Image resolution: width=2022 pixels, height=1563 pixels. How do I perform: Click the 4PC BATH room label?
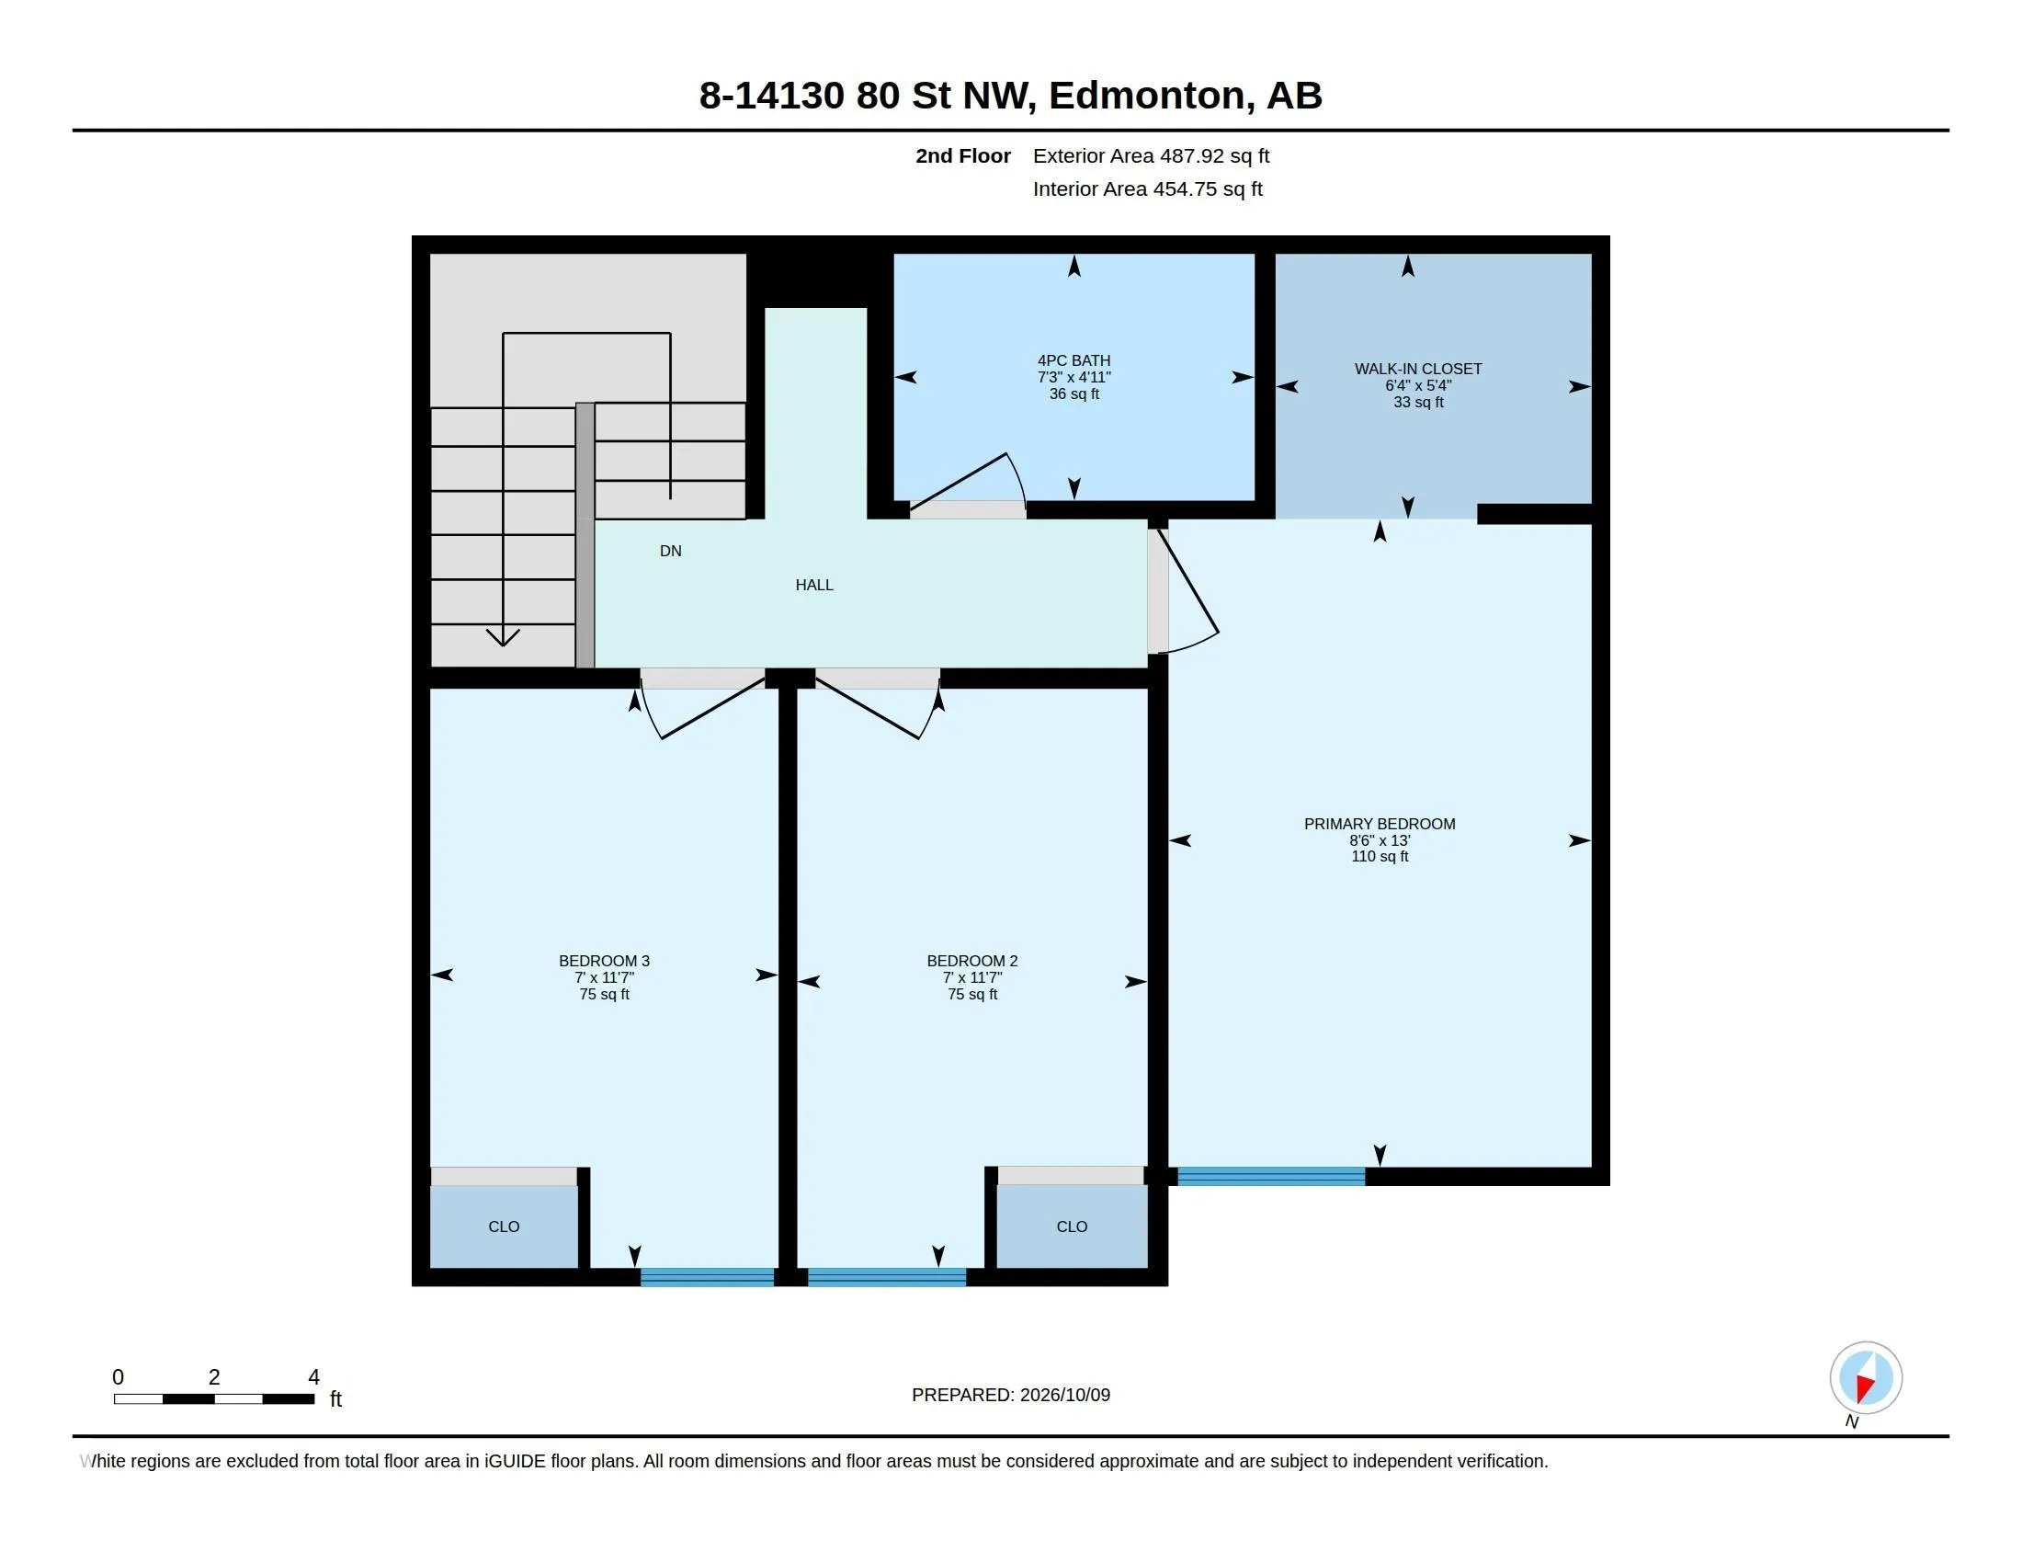coord(1073,361)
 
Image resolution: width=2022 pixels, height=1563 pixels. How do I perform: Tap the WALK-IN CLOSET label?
coord(1418,370)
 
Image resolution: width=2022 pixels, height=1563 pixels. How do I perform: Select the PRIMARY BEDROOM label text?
coord(1380,824)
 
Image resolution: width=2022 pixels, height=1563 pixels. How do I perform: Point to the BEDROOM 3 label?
coord(605,961)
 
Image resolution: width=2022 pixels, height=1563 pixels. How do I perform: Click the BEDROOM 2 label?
coord(972,961)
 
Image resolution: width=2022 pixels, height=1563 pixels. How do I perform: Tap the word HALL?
coord(814,585)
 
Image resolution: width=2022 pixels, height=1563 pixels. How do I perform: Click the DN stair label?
coord(670,551)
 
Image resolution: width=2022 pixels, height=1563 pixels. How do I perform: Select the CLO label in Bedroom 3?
coord(504,1226)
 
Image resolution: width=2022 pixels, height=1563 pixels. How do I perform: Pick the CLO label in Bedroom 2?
coord(1072,1226)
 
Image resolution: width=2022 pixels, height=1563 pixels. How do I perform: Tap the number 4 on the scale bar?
coord(313,1377)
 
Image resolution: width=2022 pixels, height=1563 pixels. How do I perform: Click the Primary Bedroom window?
coord(1271,1177)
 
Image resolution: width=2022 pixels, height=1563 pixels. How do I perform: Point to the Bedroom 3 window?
coord(708,1278)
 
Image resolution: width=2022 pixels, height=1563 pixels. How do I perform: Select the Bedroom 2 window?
coord(887,1278)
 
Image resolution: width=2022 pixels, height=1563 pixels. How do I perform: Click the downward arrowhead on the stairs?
coord(503,637)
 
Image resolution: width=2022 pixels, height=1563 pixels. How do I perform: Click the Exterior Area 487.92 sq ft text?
coord(1151,155)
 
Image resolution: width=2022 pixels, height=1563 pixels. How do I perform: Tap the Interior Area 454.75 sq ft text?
coord(1148,188)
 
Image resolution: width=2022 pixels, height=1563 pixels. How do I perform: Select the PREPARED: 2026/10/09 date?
coord(1011,1395)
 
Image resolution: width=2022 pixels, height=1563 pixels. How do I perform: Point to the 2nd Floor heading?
coord(963,155)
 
